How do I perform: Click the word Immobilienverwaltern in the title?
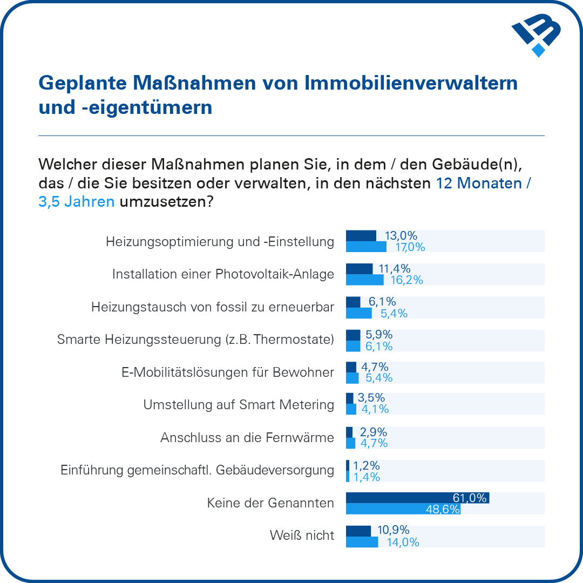coord(411,83)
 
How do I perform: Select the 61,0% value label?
coord(470,498)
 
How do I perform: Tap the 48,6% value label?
coord(443,509)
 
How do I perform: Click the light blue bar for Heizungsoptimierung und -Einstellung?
coord(366,247)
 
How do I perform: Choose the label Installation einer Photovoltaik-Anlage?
coord(223,274)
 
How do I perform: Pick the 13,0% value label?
coord(401,235)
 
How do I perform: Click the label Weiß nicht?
coord(302,535)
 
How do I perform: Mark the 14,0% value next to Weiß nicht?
coord(403,542)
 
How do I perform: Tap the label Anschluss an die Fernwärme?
coord(247,438)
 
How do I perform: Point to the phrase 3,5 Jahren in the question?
coord(76,202)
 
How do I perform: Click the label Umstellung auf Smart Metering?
coord(239,404)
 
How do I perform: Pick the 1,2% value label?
coord(367,465)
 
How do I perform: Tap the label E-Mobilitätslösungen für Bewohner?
coord(227,372)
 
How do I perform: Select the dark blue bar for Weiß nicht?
coord(358,531)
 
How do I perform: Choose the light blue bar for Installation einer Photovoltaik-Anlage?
coord(364,280)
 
